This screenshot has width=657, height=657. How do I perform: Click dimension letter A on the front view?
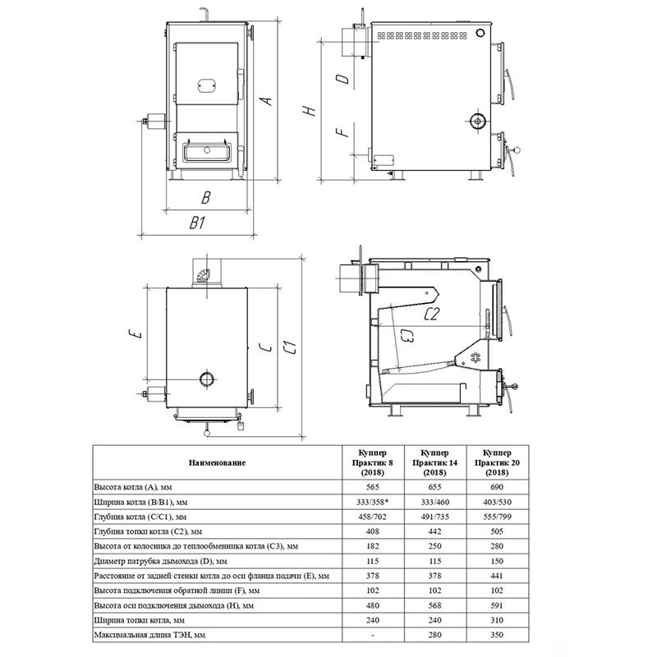point(266,101)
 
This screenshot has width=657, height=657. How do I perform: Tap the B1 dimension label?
point(197,223)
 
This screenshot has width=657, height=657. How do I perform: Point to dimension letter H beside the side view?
point(309,111)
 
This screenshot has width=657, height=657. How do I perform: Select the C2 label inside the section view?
point(431,314)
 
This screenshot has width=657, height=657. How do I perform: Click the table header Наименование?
point(217,462)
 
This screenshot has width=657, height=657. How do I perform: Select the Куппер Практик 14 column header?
point(435,462)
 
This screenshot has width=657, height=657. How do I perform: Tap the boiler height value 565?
point(373,487)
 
